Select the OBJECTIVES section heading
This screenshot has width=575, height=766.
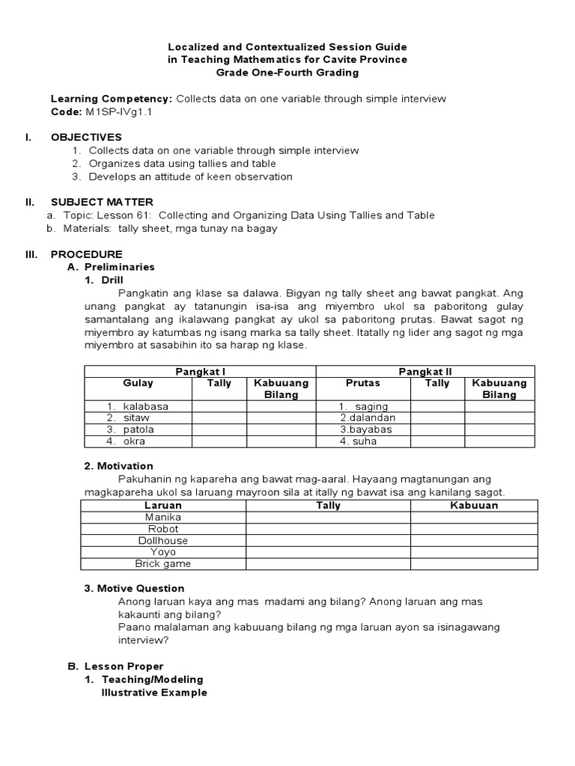tap(85, 137)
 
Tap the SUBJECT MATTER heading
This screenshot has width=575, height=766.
tap(102, 202)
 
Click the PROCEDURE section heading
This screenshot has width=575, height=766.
tap(86, 254)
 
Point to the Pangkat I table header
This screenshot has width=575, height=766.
tap(200, 372)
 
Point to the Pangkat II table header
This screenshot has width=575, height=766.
tap(425, 372)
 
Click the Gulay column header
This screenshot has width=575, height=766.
tap(138, 383)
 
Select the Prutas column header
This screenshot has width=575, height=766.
tap(362, 383)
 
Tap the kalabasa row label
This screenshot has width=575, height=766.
tap(145, 406)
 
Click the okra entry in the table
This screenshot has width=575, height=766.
tap(134, 441)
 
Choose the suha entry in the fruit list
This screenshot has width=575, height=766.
tap(364, 441)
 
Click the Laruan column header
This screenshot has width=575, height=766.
tap(162, 506)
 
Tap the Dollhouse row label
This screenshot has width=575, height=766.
tap(162, 540)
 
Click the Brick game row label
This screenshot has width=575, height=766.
tap(162, 563)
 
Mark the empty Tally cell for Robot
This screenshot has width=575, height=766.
tap(328, 529)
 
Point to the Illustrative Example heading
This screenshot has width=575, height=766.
tap(154, 693)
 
